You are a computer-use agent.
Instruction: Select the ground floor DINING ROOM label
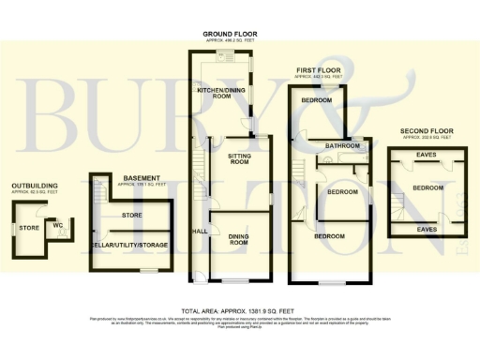pyautogui.click(x=240, y=240)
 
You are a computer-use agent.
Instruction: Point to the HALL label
pyautogui.click(x=200, y=231)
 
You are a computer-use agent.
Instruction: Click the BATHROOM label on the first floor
pyautogui.click(x=343, y=146)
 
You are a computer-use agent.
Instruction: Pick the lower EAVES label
pyautogui.click(x=426, y=228)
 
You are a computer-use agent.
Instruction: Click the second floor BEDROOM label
pyautogui.click(x=428, y=187)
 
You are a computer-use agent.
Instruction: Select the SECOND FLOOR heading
pyautogui.click(x=427, y=130)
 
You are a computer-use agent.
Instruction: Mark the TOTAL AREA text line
pyautogui.click(x=239, y=310)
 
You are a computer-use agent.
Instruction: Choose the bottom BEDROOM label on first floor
pyautogui.click(x=331, y=235)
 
